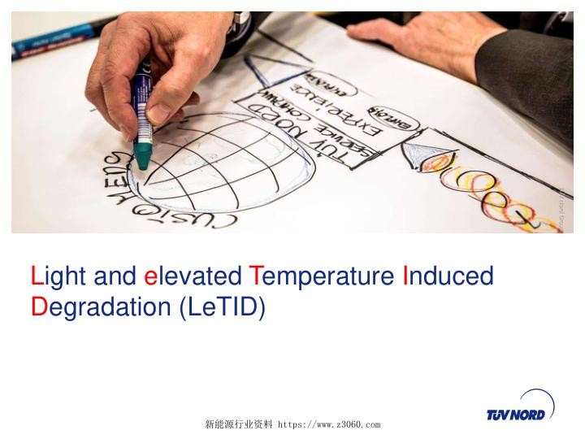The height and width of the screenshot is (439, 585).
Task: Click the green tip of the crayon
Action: coord(143,155)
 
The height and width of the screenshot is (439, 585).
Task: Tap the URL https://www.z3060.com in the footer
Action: coord(329,424)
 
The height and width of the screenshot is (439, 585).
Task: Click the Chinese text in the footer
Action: coord(239,424)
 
